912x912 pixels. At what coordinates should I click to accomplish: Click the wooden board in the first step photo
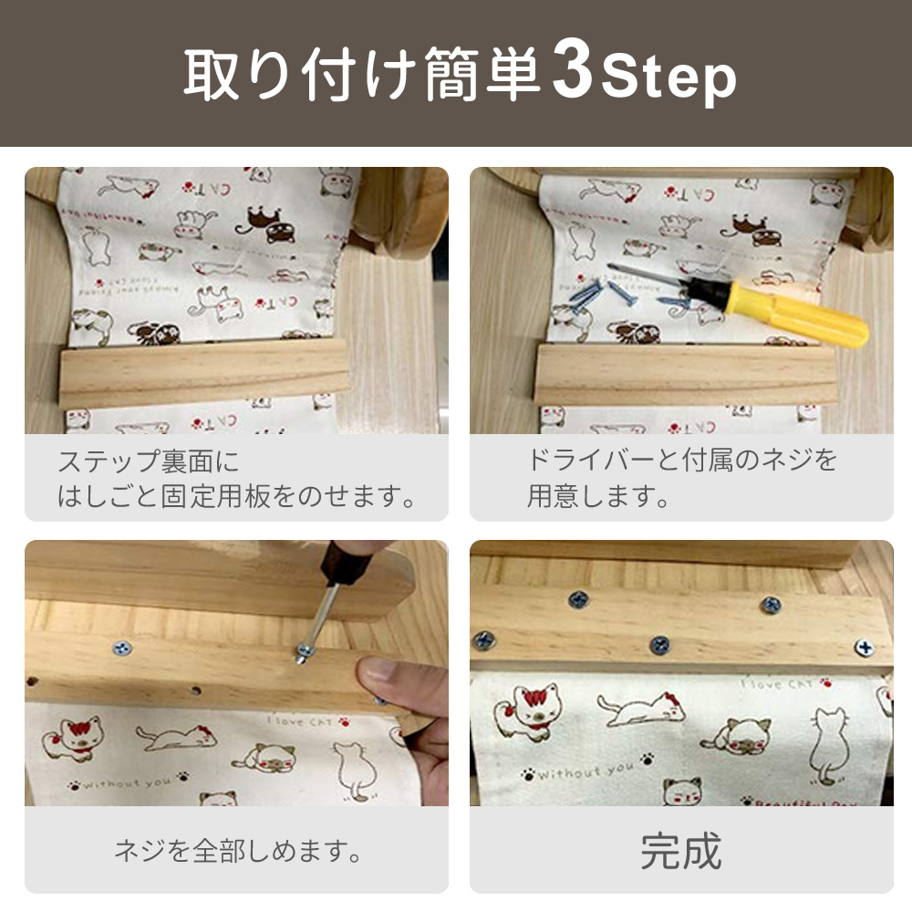tap(202, 371)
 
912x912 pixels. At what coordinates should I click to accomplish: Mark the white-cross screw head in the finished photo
tap(862, 647)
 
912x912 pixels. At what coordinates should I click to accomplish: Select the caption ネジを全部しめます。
tap(238, 852)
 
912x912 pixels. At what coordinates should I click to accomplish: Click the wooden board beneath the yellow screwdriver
tap(684, 373)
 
